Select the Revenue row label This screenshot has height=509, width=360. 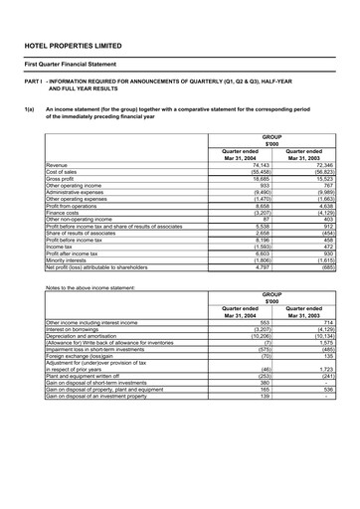pyautogui.click(x=57, y=164)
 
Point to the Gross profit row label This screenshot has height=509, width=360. pyautogui.click(x=62, y=179)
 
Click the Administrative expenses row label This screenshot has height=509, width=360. pyautogui.click(x=76, y=194)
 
